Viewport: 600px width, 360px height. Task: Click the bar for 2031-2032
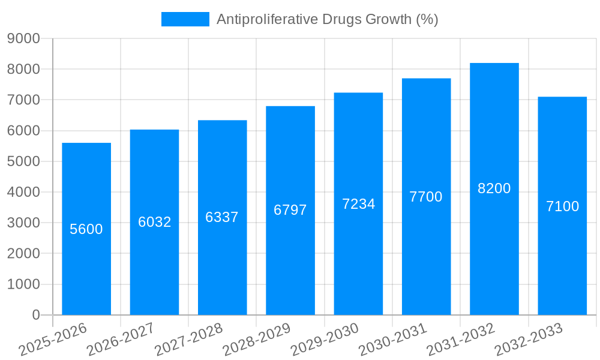click(x=494, y=240)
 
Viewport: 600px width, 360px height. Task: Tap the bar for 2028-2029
click(x=290, y=252)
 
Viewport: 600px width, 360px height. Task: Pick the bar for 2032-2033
click(x=562, y=252)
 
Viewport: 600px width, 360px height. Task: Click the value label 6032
click(x=155, y=222)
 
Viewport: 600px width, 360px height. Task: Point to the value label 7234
click(x=359, y=204)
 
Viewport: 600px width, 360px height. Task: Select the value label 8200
click(x=494, y=188)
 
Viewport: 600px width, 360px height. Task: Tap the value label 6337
click(x=222, y=217)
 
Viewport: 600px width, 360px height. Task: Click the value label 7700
click(x=426, y=196)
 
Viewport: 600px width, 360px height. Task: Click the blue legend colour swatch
click(x=185, y=19)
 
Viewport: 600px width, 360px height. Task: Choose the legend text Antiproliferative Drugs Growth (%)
click(x=327, y=19)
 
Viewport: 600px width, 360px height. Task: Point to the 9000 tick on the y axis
click(x=23, y=38)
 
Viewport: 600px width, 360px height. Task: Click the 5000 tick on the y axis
click(x=23, y=161)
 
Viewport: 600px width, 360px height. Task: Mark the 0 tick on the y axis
click(x=35, y=315)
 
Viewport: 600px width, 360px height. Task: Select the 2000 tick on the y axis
click(x=23, y=254)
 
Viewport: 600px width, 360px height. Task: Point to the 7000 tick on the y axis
click(x=23, y=100)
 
